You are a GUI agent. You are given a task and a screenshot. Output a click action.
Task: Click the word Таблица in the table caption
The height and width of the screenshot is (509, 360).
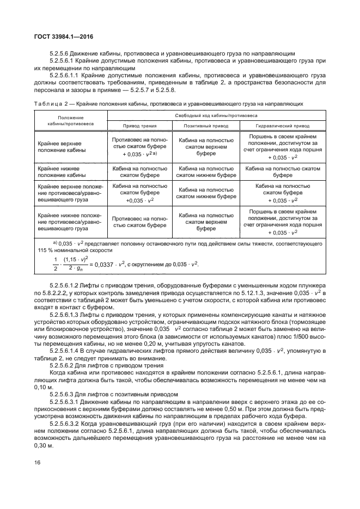(50, 103)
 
